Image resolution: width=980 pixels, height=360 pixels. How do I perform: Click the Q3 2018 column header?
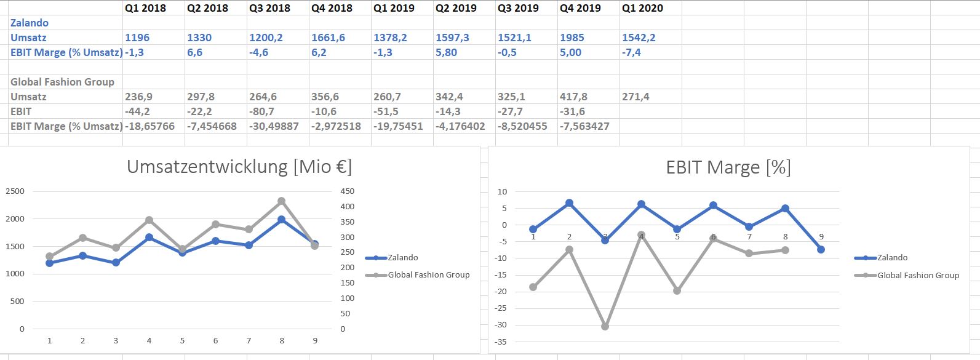click(269, 8)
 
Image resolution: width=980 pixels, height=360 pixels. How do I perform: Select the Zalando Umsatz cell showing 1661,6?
click(329, 38)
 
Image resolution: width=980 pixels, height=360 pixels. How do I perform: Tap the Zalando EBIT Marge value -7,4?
click(631, 52)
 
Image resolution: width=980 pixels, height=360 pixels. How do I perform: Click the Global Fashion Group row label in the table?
click(62, 82)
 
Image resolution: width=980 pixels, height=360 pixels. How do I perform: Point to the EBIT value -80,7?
click(262, 111)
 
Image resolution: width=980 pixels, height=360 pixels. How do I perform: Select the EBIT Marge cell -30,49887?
click(274, 126)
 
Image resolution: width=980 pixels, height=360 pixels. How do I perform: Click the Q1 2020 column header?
click(642, 8)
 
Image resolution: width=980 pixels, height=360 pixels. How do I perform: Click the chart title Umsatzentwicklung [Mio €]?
click(239, 167)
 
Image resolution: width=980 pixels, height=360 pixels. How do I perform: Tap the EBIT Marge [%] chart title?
click(728, 167)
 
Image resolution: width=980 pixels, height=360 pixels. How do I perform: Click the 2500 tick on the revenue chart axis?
click(15, 191)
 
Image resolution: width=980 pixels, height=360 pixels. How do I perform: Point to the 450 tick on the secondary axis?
click(347, 191)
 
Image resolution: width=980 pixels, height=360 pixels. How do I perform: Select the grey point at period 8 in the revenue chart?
click(282, 201)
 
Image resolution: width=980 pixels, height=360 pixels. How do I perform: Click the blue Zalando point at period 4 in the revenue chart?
click(149, 237)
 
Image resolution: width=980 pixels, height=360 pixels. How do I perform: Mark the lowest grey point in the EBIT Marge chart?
click(605, 326)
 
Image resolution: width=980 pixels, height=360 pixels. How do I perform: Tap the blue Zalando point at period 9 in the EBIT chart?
click(821, 249)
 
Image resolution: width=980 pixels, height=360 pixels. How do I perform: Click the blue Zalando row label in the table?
click(30, 23)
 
